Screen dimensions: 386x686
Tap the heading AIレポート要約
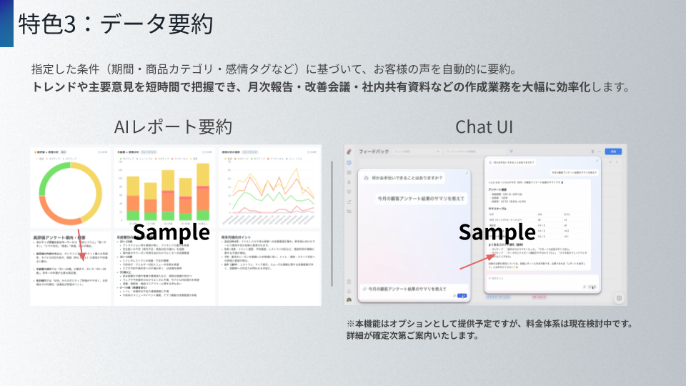[174, 127]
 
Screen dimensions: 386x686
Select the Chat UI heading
[484, 127]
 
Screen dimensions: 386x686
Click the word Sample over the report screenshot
[171, 232]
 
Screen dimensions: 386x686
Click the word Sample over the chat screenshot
[497, 232]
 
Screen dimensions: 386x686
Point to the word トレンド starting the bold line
[52, 88]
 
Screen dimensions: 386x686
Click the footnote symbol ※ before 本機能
[351, 323]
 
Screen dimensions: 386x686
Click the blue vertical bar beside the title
[6, 24]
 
